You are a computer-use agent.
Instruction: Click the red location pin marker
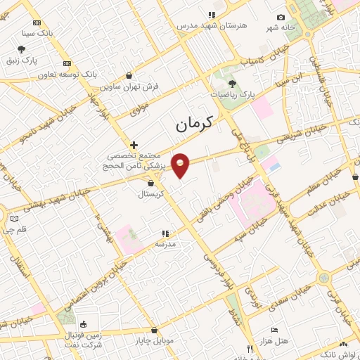(x=181, y=165)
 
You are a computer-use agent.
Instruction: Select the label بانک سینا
(x=37, y=33)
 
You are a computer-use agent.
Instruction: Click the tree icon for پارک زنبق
(x=22, y=49)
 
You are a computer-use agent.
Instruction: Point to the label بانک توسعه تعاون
(x=67, y=74)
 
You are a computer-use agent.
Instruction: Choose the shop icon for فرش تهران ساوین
(x=129, y=75)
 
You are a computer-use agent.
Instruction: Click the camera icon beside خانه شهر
(x=281, y=18)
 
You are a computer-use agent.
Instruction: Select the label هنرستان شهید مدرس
(x=212, y=25)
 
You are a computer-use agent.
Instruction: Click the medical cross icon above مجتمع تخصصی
(x=134, y=145)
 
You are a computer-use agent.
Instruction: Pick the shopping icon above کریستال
(x=150, y=183)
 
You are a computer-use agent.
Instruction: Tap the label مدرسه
(x=165, y=244)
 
